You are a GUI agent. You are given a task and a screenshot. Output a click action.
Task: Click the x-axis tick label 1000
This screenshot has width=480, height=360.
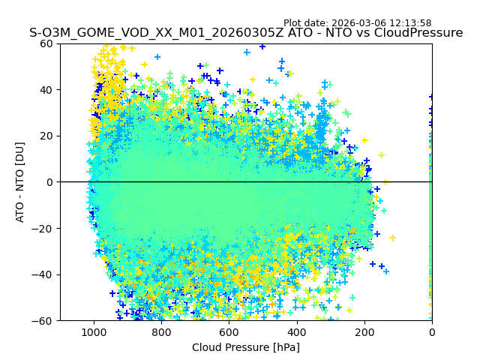pyautogui.click(x=94, y=331)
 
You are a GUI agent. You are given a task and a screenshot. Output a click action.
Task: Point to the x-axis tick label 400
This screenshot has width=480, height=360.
pyautogui.click(x=296, y=331)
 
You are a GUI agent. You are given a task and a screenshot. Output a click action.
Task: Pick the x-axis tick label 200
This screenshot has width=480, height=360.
pyautogui.click(x=364, y=331)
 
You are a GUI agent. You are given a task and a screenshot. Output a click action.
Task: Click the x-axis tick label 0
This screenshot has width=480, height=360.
pyautogui.click(x=432, y=331)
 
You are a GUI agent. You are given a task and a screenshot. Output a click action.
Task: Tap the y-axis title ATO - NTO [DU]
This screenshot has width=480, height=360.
pyautogui.click(x=20, y=182)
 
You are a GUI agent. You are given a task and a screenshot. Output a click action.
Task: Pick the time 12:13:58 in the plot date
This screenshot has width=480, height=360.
pyautogui.click(x=409, y=23)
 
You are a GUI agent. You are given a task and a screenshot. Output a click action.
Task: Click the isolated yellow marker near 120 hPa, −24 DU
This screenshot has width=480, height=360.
pyautogui.click(x=392, y=238)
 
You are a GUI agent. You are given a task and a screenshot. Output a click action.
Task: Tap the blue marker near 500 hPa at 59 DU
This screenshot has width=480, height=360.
pyautogui.click(x=262, y=46)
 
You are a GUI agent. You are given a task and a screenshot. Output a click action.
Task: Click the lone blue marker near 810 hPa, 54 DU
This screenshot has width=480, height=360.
pyautogui.click(x=157, y=57)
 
